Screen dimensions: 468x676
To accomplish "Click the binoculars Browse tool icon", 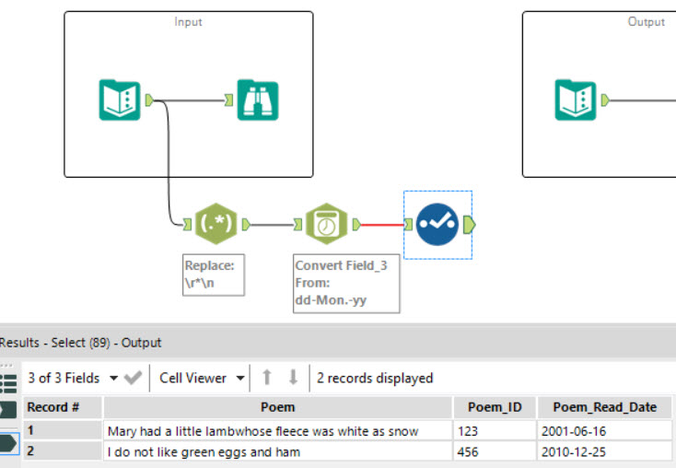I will [x=258, y=99].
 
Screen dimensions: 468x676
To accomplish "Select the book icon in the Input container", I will [x=120, y=99].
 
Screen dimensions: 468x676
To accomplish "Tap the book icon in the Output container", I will [x=577, y=99].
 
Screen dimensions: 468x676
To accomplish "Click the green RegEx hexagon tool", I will [x=216, y=224].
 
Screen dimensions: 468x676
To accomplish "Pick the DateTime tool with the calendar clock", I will [x=326, y=224].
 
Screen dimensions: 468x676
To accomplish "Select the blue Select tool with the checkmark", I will [x=437, y=224].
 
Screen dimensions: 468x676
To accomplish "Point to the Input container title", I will [x=189, y=21].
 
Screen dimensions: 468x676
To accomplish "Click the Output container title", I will [x=646, y=21].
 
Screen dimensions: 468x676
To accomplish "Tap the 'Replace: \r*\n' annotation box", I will [x=214, y=275].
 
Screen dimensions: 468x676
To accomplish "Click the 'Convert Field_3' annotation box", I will [x=346, y=283].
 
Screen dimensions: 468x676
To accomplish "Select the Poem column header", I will [x=277, y=407].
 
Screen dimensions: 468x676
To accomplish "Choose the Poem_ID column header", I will [x=495, y=407].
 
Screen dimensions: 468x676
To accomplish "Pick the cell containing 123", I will [x=495, y=430].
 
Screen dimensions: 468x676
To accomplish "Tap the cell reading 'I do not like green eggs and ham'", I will [x=277, y=451].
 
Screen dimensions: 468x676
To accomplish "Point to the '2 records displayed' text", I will [x=374, y=378].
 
